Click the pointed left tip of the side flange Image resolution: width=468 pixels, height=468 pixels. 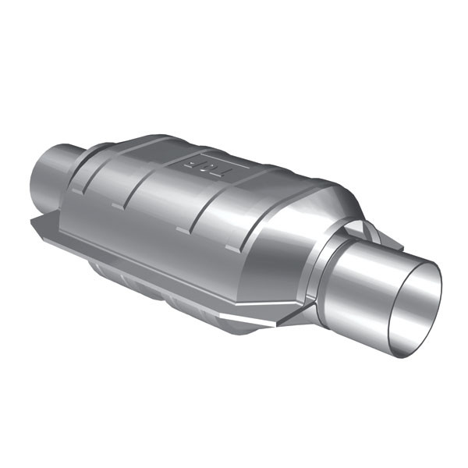[x=33, y=222]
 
